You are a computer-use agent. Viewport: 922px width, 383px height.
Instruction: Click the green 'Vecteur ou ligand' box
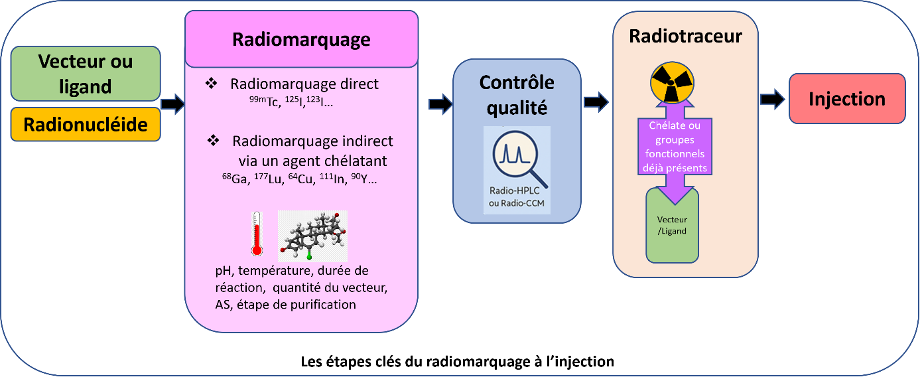(x=86, y=73)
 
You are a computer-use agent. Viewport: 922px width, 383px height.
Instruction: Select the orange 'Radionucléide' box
(x=86, y=124)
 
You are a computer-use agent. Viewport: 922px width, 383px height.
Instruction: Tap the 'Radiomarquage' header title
(x=301, y=39)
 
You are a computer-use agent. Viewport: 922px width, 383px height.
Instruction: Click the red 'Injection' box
(x=847, y=99)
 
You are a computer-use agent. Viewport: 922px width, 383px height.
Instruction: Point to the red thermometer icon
(x=257, y=234)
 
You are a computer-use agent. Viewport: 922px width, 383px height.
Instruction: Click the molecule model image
(x=312, y=236)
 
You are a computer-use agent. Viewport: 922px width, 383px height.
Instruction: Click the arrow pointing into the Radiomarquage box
(x=172, y=104)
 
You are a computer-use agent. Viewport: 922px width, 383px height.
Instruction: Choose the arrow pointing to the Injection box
(x=772, y=100)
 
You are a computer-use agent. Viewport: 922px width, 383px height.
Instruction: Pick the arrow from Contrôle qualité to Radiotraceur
(x=596, y=102)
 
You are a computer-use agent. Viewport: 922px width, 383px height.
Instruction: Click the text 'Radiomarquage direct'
(x=304, y=84)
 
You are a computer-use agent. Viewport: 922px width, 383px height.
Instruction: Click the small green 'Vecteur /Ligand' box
(x=672, y=226)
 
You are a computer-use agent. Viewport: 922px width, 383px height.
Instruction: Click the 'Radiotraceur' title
(x=685, y=36)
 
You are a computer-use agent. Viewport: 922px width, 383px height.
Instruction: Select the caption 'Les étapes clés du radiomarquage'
(x=457, y=362)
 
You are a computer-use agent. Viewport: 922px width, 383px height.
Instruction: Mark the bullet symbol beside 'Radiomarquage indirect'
(x=213, y=141)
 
